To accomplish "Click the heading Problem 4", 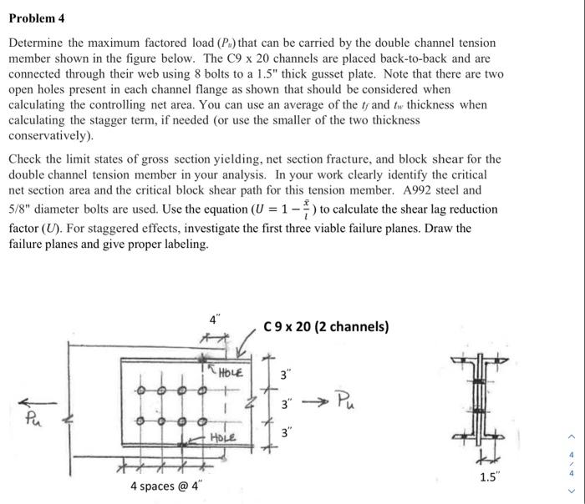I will click(x=37, y=18).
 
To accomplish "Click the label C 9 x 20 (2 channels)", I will click(x=326, y=326).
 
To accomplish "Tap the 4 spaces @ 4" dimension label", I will click(x=165, y=486).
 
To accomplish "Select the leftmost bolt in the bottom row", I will click(x=142, y=420).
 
